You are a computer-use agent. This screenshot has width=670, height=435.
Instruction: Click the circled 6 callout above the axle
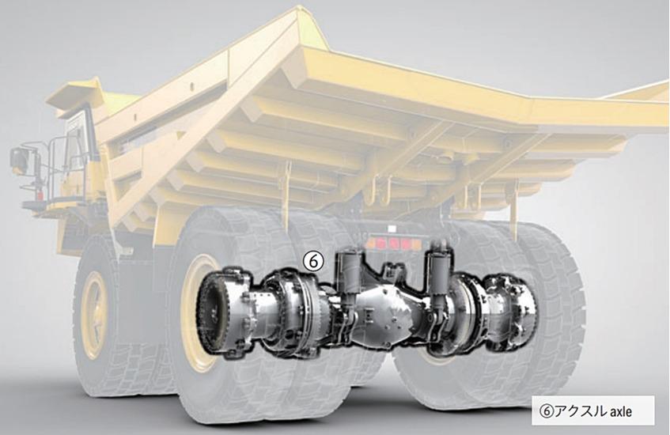click(313, 261)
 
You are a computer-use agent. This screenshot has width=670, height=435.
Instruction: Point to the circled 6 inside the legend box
click(546, 411)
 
